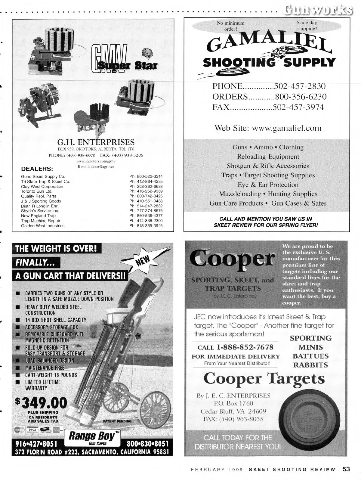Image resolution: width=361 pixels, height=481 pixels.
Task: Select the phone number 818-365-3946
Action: click(146, 225)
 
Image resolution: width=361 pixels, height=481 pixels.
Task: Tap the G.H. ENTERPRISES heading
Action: click(96, 142)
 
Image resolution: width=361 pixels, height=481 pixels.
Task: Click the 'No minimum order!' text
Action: click(231, 26)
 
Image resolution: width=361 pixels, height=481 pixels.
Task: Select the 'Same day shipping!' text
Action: click(307, 26)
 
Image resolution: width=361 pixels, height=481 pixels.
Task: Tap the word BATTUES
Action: click(311, 356)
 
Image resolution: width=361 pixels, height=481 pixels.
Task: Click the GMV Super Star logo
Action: click(124, 59)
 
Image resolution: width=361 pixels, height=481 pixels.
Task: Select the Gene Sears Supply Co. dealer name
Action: click(43, 177)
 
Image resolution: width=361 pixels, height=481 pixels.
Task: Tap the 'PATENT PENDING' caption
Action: click(117, 421)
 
